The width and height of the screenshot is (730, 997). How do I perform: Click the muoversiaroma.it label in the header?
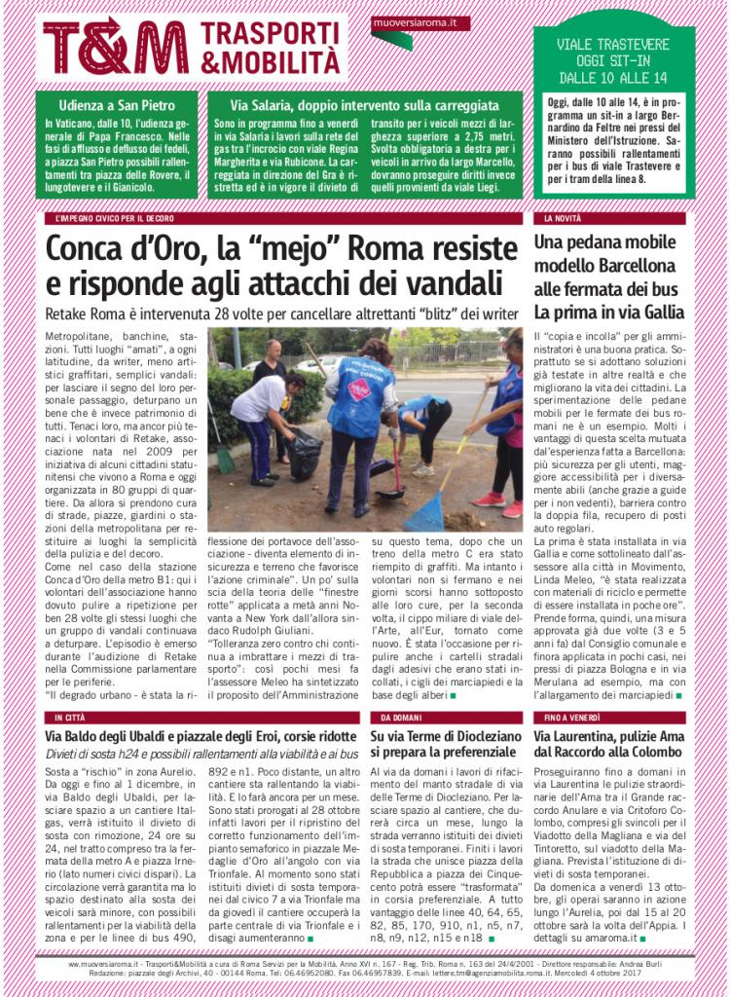[420, 22]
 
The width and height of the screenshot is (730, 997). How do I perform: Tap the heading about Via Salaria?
[365, 105]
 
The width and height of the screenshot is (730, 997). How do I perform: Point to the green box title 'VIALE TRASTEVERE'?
[613, 44]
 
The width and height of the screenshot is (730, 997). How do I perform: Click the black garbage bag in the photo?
[306, 454]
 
